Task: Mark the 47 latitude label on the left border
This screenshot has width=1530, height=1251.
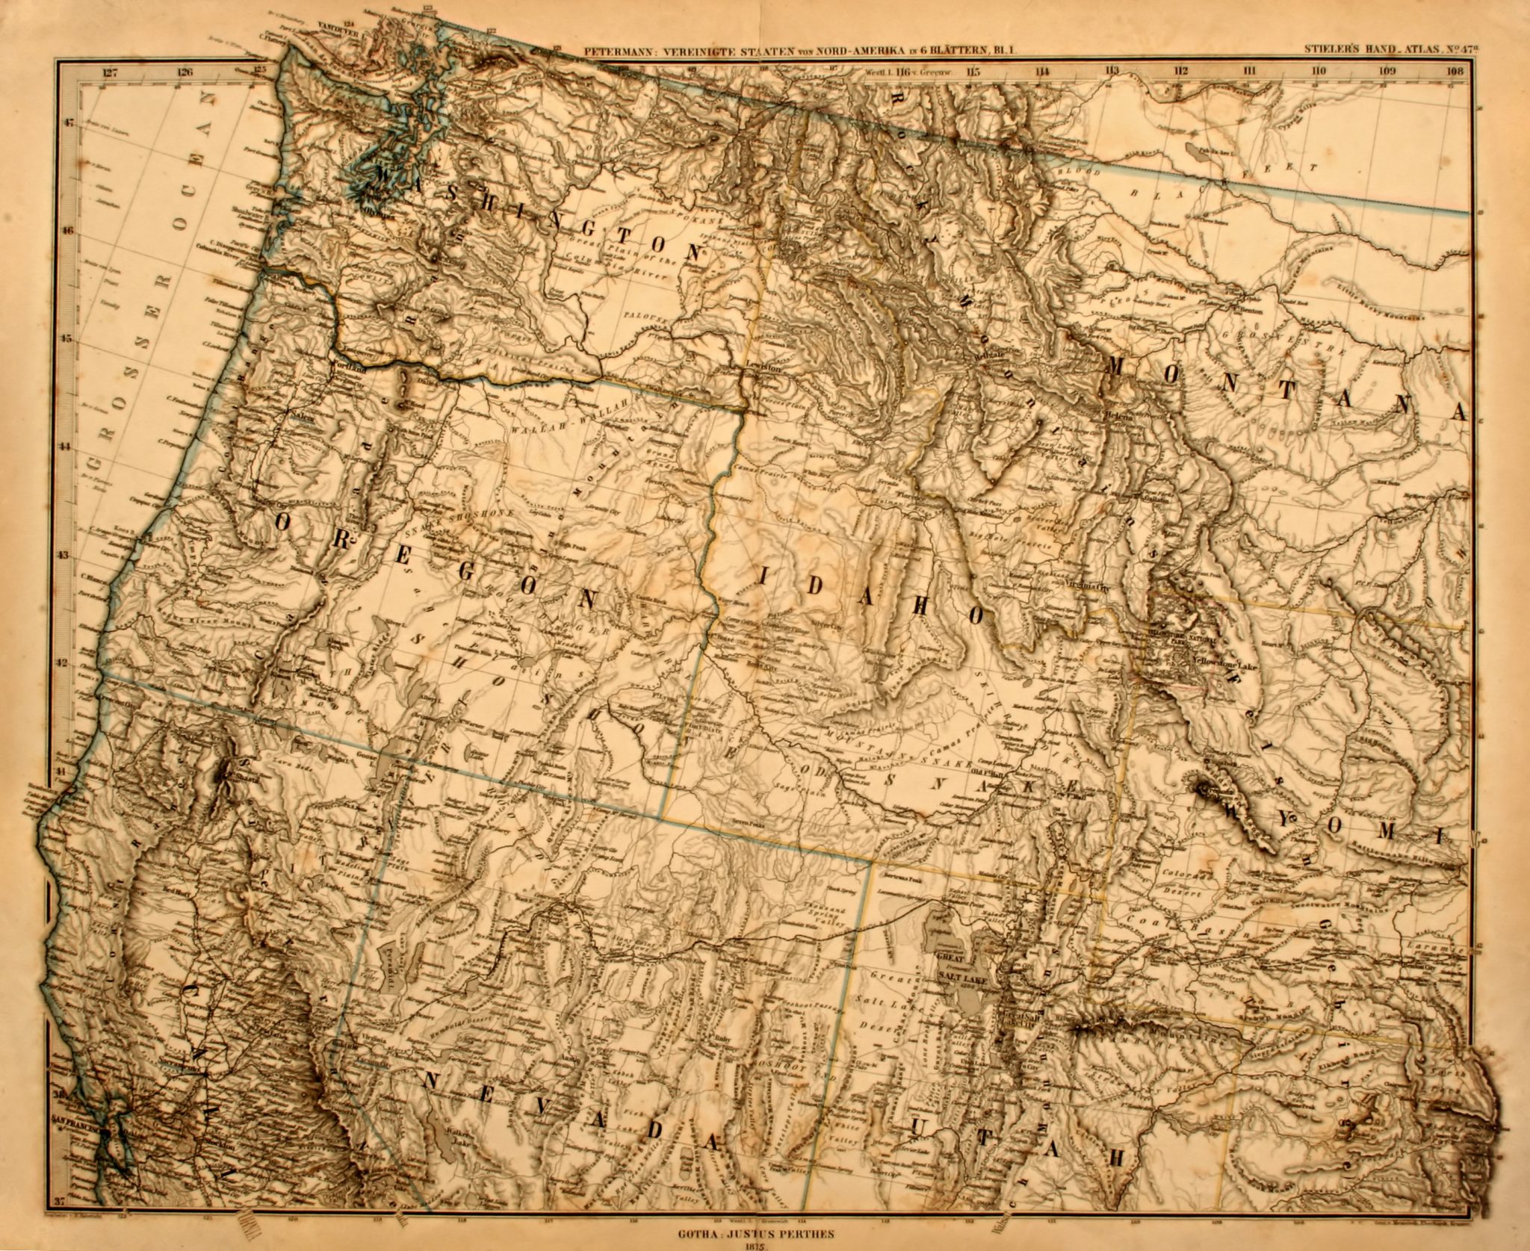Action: [x=69, y=124]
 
